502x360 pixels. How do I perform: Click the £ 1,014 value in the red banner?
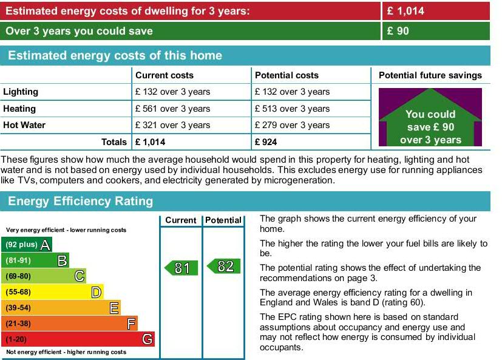click(x=405, y=11)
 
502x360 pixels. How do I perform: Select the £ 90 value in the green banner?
click(x=398, y=31)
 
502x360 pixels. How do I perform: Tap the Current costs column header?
click(x=165, y=75)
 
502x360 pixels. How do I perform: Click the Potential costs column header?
click(x=287, y=75)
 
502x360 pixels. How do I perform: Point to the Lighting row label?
click(x=21, y=92)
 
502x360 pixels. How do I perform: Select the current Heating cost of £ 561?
click(x=172, y=109)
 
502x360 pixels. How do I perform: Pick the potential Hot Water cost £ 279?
click(x=292, y=125)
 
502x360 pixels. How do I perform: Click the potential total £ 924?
click(x=266, y=142)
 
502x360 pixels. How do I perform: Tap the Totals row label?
click(x=114, y=142)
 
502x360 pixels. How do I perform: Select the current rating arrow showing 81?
click(x=181, y=268)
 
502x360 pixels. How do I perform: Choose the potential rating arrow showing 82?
click(x=224, y=266)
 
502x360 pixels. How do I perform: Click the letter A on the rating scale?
click(x=46, y=245)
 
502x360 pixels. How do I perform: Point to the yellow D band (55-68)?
click(x=52, y=292)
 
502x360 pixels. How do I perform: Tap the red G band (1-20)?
click(x=78, y=339)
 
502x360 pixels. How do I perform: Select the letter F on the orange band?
click(x=131, y=324)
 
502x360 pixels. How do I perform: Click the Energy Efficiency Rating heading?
click(x=80, y=201)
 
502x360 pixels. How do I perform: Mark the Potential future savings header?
click(x=430, y=75)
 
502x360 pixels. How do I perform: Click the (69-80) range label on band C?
click(x=18, y=276)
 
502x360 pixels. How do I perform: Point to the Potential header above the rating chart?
click(x=223, y=220)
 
